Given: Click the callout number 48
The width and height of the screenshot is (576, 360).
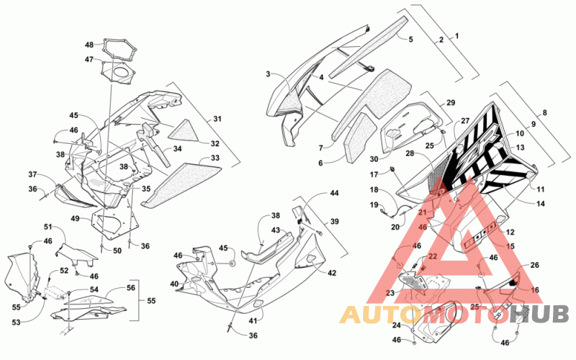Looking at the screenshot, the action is tap(89, 45).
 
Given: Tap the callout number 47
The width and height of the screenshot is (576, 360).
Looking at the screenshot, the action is tap(89, 59).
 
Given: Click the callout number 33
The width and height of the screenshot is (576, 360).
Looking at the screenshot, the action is tap(215, 158).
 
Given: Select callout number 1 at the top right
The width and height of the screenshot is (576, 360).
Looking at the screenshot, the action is tap(456, 36).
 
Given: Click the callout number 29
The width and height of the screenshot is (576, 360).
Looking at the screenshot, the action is tap(451, 102).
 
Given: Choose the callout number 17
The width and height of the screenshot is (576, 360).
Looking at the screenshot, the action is tap(374, 175).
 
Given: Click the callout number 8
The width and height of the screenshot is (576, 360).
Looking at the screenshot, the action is tap(544, 112).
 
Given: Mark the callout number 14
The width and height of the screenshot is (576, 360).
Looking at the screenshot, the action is tap(541, 204).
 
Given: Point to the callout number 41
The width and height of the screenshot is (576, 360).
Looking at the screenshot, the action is tap(253, 320).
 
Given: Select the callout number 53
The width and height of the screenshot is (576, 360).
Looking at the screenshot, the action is tap(16, 322).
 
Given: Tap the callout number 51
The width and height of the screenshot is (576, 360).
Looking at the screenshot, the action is tap(48, 227).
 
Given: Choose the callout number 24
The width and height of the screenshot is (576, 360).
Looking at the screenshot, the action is tap(397, 325).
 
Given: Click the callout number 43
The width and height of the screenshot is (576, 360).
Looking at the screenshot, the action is tap(276, 230).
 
